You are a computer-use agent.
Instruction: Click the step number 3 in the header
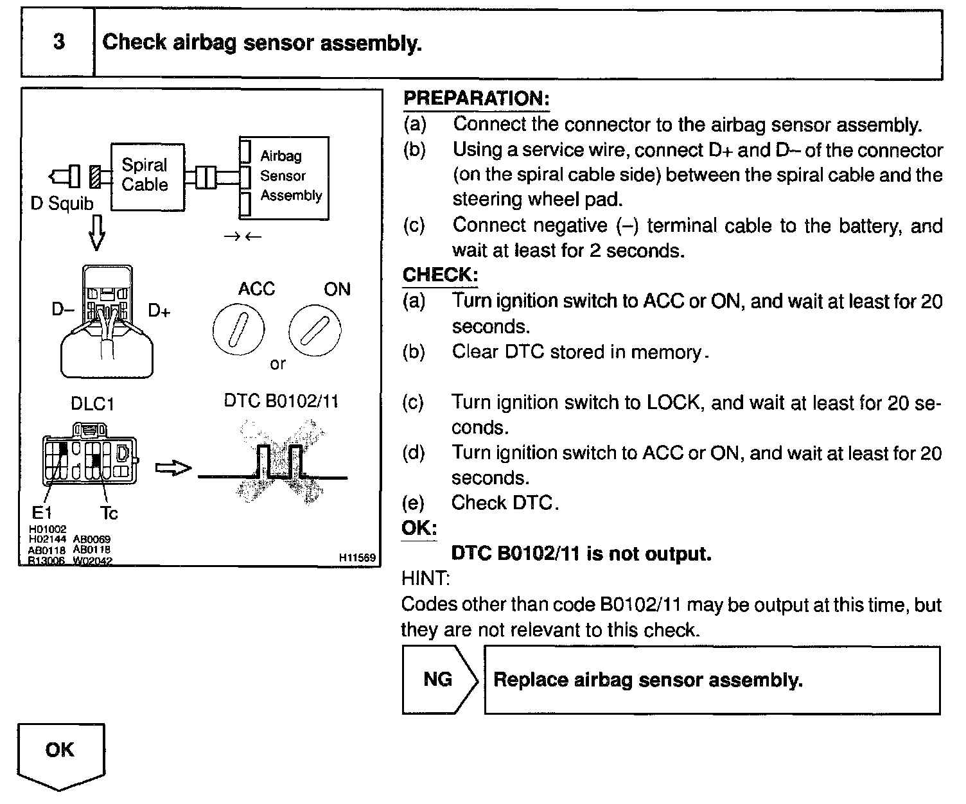tap(58, 42)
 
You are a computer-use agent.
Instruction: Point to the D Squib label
tap(62, 204)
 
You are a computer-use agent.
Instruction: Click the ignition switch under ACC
tap(238, 330)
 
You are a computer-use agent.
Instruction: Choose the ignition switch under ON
tap(314, 330)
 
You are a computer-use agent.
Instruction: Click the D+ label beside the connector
tap(159, 311)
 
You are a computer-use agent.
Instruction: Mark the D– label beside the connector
tap(63, 310)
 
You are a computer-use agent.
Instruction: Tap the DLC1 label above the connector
tap(92, 404)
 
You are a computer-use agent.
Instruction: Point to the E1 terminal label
tap(42, 512)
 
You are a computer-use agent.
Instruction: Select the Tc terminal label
tap(109, 512)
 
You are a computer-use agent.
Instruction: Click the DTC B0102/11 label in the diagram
tap(281, 401)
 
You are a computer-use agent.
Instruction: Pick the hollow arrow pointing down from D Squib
tap(96, 234)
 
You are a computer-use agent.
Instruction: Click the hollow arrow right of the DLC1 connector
tap(173, 468)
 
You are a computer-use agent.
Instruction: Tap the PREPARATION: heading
tap(476, 99)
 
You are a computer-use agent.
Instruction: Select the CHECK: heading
tap(440, 275)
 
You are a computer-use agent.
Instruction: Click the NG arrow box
tap(439, 679)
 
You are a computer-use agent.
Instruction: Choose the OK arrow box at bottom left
tap(60, 755)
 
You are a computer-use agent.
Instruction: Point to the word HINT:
tap(425, 579)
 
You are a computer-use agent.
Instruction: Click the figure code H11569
tap(357, 558)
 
